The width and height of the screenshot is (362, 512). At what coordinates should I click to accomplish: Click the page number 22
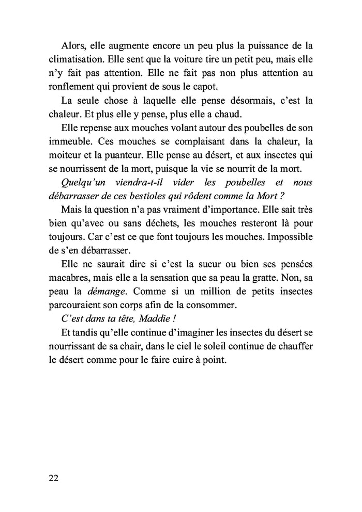point(54,477)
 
